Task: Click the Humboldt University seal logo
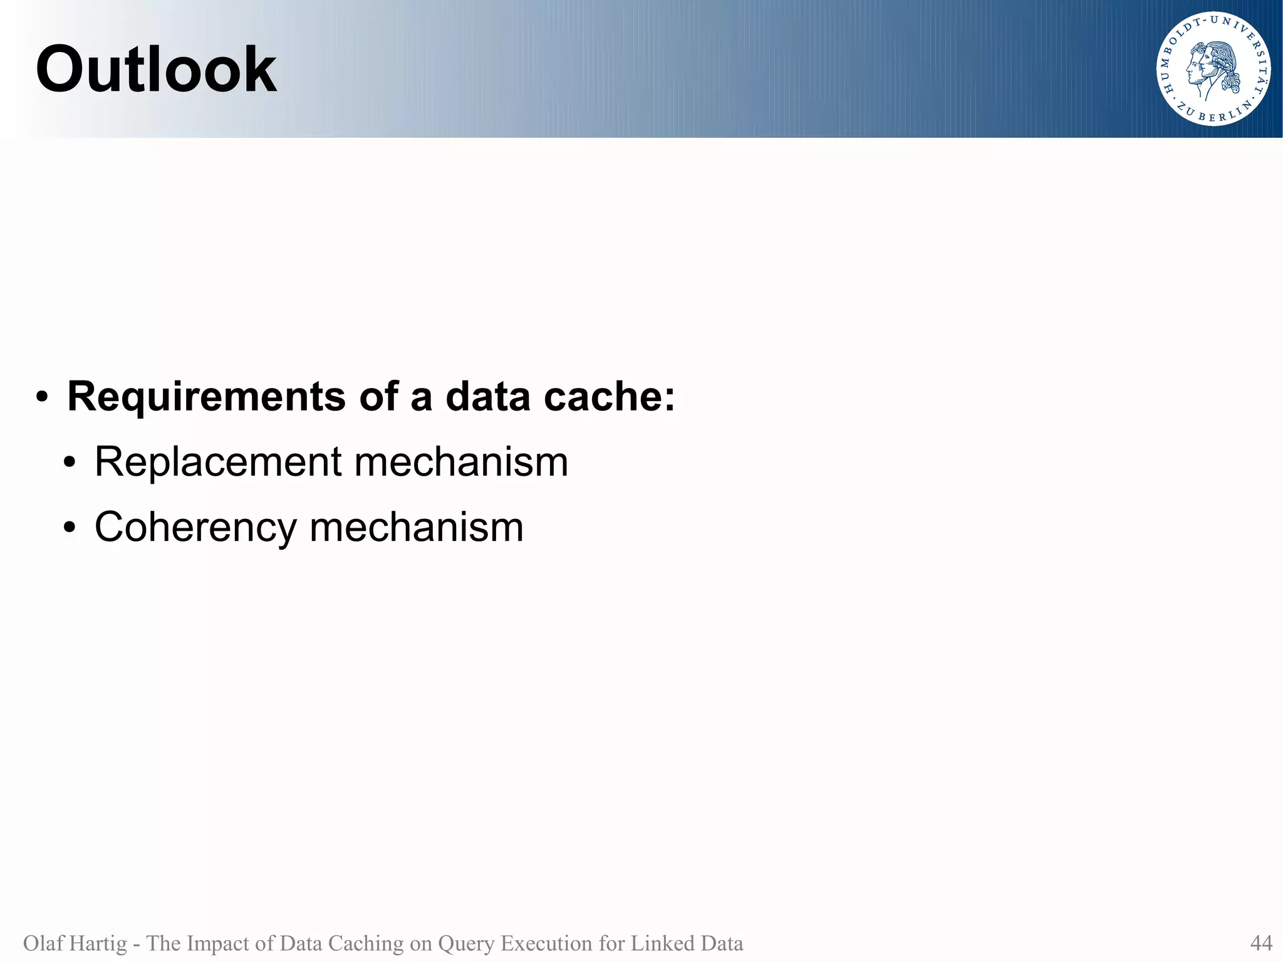[1213, 69]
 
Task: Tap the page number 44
[1260, 943]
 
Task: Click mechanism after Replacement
[461, 463]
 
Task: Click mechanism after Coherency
[417, 528]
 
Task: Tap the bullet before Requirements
[42, 398]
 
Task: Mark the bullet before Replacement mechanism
[70, 464]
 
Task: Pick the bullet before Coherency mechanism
[70, 529]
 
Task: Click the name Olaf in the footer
[43, 943]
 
